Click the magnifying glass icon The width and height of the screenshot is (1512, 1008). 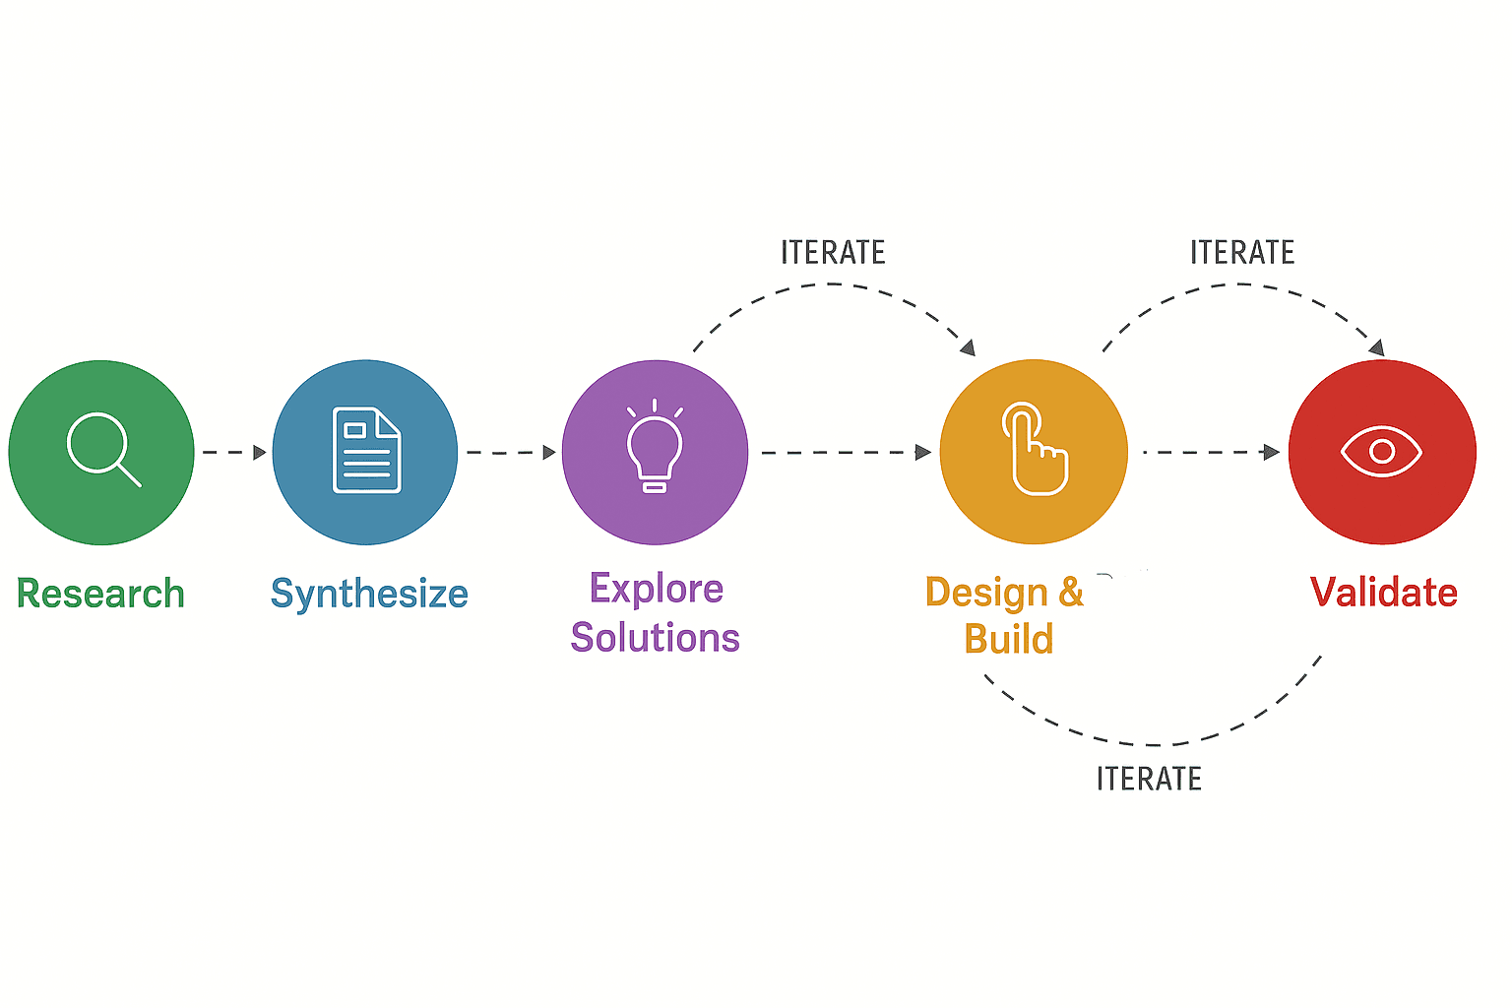(102, 449)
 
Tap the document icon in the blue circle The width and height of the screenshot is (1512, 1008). (367, 451)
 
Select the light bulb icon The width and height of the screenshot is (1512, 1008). (655, 448)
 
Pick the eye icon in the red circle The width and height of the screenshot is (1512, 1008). (1381, 452)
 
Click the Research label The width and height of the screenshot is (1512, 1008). (100, 594)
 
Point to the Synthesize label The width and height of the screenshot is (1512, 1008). (369, 595)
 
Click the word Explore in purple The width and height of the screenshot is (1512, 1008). (657, 589)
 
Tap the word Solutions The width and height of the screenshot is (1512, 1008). (655, 638)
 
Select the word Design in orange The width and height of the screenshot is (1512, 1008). (986, 593)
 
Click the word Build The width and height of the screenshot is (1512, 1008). (1009, 639)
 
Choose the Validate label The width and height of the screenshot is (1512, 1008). (1383, 593)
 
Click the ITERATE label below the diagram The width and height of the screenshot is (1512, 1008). (1149, 780)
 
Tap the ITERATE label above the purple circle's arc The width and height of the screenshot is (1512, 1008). (833, 253)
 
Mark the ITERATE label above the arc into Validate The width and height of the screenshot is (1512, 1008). (1242, 253)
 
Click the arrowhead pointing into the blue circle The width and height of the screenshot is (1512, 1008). (260, 453)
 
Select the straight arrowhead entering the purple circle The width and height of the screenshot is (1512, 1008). (549, 453)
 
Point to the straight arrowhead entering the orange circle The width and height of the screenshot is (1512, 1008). (923, 453)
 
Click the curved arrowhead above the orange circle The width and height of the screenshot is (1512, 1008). (968, 347)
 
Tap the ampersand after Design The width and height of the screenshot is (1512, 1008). (1071, 592)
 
